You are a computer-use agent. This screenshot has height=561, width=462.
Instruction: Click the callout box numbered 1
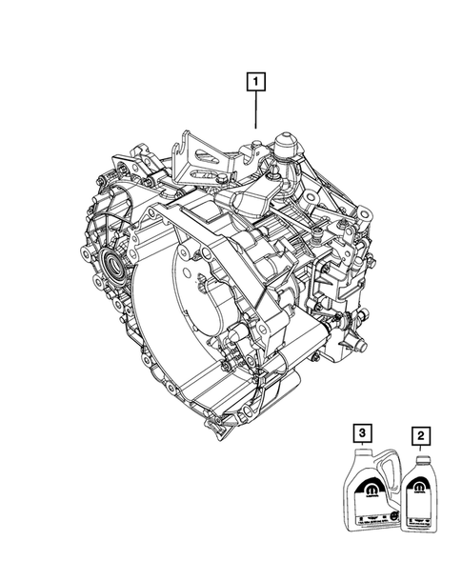point(256,83)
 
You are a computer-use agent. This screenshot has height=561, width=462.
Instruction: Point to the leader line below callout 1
point(256,110)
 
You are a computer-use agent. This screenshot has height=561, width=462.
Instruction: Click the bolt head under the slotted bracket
point(221,179)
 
